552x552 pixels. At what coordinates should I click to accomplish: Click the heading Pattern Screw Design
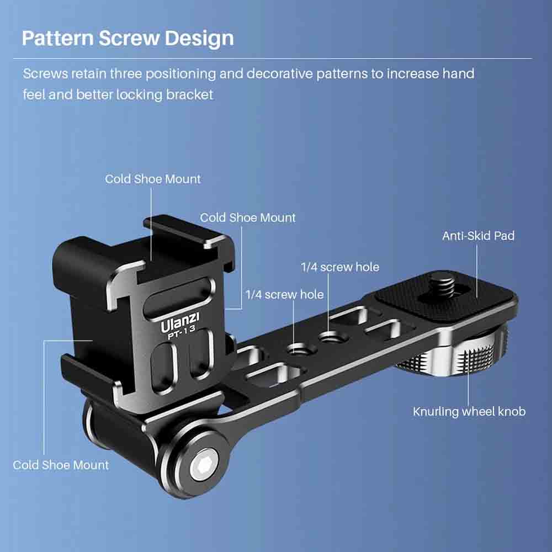128,39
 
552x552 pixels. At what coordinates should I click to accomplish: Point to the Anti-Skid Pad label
478,236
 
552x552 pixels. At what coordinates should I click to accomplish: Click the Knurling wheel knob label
469,412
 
